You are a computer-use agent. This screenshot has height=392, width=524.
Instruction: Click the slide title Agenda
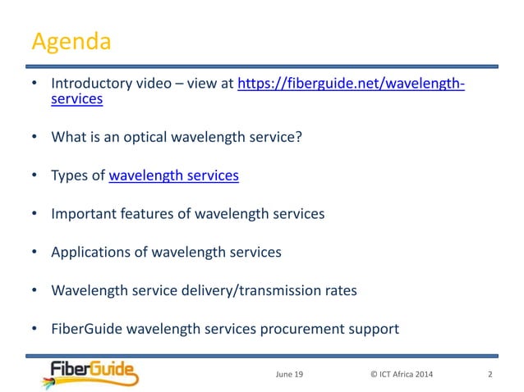pos(71,41)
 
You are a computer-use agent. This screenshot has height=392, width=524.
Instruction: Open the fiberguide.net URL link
pos(351,84)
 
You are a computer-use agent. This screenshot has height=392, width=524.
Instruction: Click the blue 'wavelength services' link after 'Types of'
pos(173,175)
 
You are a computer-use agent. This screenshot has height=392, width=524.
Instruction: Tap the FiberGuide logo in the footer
pos(91,373)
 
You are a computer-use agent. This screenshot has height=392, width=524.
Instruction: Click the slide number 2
pos(490,375)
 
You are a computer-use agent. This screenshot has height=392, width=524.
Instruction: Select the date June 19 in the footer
pos(288,375)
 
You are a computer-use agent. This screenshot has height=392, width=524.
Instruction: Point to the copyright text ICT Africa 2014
pos(403,375)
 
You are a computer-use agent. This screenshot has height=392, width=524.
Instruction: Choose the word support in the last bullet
pos(374,329)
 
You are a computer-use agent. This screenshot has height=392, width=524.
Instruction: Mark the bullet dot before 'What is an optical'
pos(34,136)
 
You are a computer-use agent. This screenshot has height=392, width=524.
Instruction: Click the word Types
pos(68,175)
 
